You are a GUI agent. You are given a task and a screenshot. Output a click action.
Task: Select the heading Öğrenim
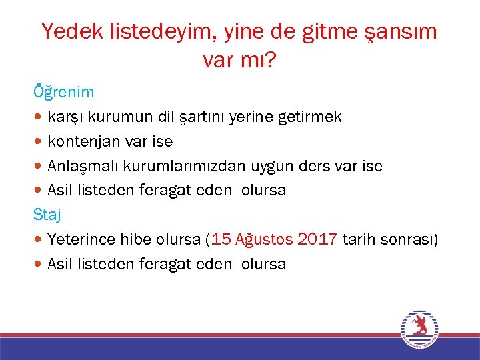[64, 91]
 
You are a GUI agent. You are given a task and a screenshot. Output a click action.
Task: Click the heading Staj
[47, 214]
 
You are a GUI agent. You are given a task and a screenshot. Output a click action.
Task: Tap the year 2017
[317, 239]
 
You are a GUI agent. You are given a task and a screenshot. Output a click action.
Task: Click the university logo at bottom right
[419, 329]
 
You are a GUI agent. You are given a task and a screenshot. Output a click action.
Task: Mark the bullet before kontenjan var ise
[39, 142]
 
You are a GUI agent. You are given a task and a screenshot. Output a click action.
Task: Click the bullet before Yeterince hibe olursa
[39, 240]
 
